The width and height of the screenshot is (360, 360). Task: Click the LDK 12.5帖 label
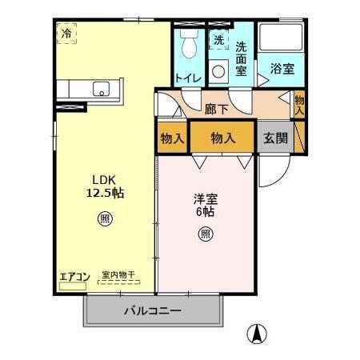coord(106,186)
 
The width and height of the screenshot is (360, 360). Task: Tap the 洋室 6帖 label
coord(206,206)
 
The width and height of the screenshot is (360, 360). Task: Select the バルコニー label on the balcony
coord(152,310)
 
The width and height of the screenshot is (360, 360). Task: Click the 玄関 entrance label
coord(275,138)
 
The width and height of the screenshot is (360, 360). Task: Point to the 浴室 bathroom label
coord(281,69)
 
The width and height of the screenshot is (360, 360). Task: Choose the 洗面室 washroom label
coord(241,57)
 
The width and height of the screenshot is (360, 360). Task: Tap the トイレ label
coord(189,78)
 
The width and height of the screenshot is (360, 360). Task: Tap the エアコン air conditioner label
coord(74,277)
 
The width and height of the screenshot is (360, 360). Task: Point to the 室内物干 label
coord(118,276)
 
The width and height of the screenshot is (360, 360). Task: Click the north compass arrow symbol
coord(258,333)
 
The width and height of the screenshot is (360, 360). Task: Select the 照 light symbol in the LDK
coord(105,218)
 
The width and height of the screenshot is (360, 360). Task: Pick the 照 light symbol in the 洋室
coord(206,234)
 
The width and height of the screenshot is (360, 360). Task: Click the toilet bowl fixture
coord(189,48)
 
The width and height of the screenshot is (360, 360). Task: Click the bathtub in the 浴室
coord(281,40)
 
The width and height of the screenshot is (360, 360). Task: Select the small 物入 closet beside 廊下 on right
coord(299,105)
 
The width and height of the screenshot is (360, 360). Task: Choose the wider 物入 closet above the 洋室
coord(223,138)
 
